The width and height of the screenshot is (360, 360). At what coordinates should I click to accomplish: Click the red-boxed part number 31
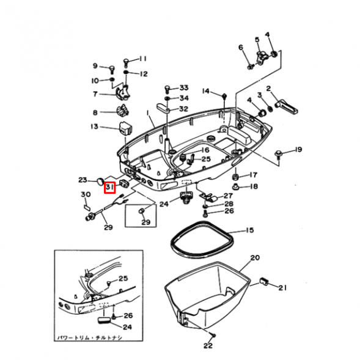pos(109,186)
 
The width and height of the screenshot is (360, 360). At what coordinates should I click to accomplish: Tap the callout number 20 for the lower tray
pos(255,258)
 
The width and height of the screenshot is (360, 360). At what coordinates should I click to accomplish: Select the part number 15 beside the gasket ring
pos(249,230)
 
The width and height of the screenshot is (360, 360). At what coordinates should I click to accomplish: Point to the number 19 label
pos(298,150)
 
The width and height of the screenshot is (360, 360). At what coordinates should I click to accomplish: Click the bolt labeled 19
pos(279,150)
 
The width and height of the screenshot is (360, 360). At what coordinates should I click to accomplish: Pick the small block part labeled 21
pos(264,281)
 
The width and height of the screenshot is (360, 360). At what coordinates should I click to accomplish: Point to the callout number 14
pos(206,91)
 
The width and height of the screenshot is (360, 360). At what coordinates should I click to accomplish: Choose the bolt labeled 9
pos(112,67)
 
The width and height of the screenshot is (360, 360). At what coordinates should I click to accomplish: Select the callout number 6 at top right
pos(241,47)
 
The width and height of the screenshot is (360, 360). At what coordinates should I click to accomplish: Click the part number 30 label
pos(85,195)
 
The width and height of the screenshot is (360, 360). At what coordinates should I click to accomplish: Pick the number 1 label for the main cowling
pos(147,113)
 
